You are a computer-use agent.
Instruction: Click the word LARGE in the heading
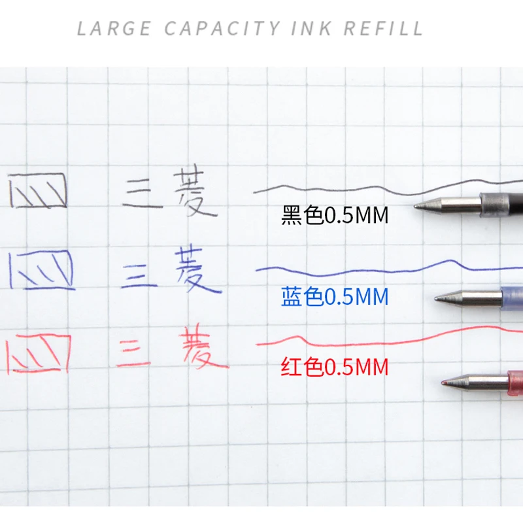tap(114, 29)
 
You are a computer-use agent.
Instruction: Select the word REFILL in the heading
tap(384, 29)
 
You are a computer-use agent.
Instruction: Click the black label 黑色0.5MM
tap(335, 215)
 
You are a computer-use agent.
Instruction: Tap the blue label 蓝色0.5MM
tap(335, 298)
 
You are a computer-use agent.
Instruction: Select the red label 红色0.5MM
tap(335, 367)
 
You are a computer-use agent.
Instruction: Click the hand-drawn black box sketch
tap(39, 190)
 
